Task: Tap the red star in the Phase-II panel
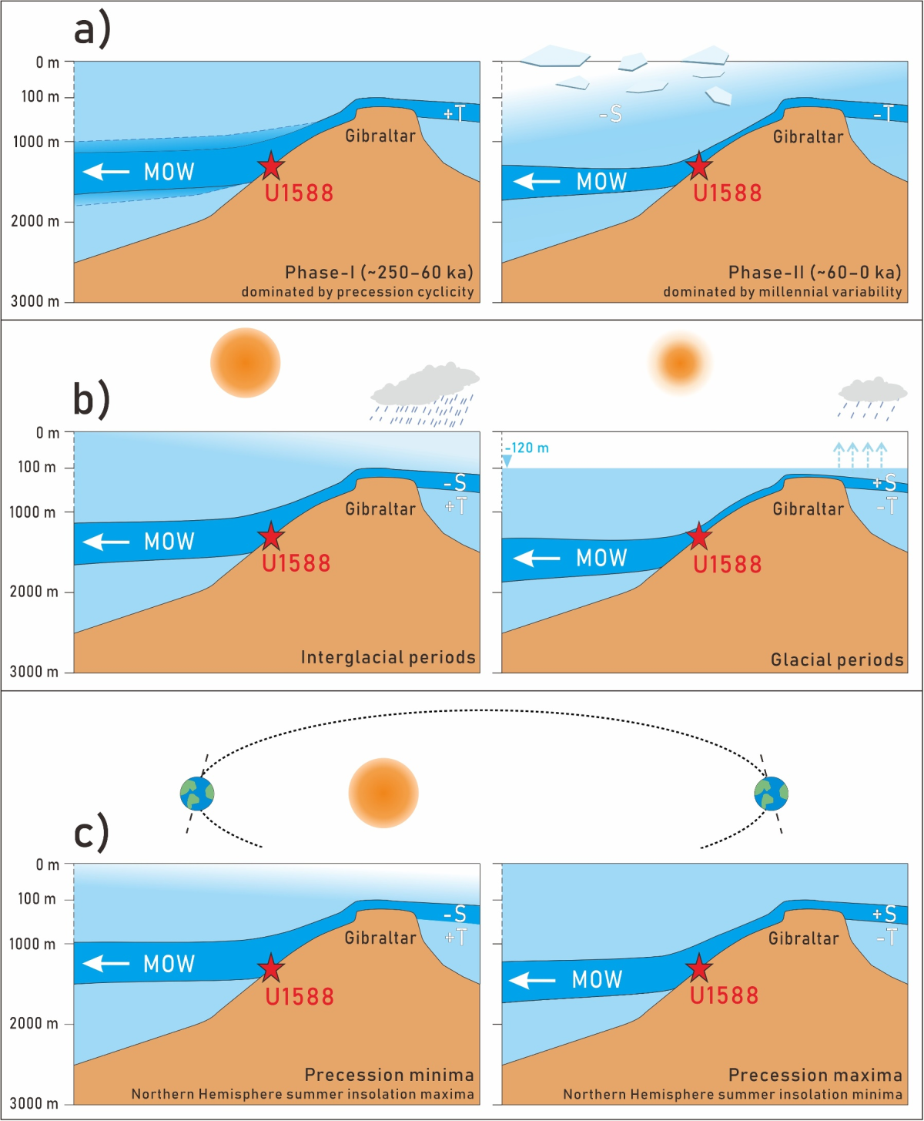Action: pyautogui.click(x=698, y=166)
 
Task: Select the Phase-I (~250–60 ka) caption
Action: pyautogui.click(x=379, y=273)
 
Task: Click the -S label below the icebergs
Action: pyautogui.click(x=611, y=115)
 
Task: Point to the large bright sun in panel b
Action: pyautogui.click(x=245, y=362)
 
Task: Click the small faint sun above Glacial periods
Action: pyautogui.click(x=680, y=362)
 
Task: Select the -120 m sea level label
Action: pyautogui.click(x=527, y=448)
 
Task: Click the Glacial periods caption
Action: pyautogui.click(x=837, y=660)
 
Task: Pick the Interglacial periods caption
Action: pyautogui.click(x=388, y=657)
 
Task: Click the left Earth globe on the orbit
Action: pyautogui.click(x=197, y=794)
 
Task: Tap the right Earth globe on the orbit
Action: pyautogui.click(x=771, y=794)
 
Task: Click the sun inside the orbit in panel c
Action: pyautogui.click(x=383, y=793)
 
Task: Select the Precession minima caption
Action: pyautogui.click(x=389, y=1075)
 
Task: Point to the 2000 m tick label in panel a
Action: pyautogui.click(x=35, y=222)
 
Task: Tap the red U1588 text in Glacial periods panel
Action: pyautogui.click(x=727, y=564)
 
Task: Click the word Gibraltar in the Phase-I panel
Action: pyautogui.click(x=380, y=136)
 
